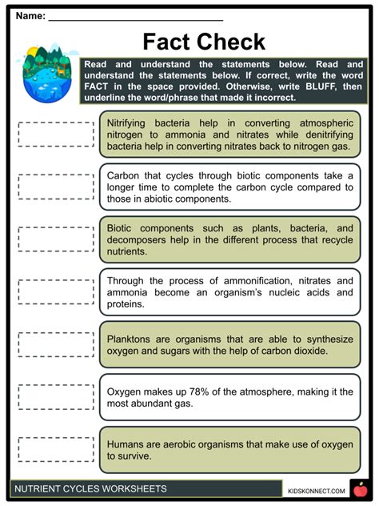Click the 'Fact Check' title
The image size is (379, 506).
tap(203, 42)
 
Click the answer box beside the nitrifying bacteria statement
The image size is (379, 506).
tap(55, 134)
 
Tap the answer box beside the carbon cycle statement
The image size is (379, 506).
tap(55, 187)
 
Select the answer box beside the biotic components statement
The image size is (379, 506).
tap(55, 239)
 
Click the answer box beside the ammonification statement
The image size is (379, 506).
tap(55, 291)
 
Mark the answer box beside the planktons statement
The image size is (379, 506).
tap(55, 344)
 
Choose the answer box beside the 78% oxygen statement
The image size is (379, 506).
tap(55, 396)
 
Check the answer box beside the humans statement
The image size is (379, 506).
tap(55, 448)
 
